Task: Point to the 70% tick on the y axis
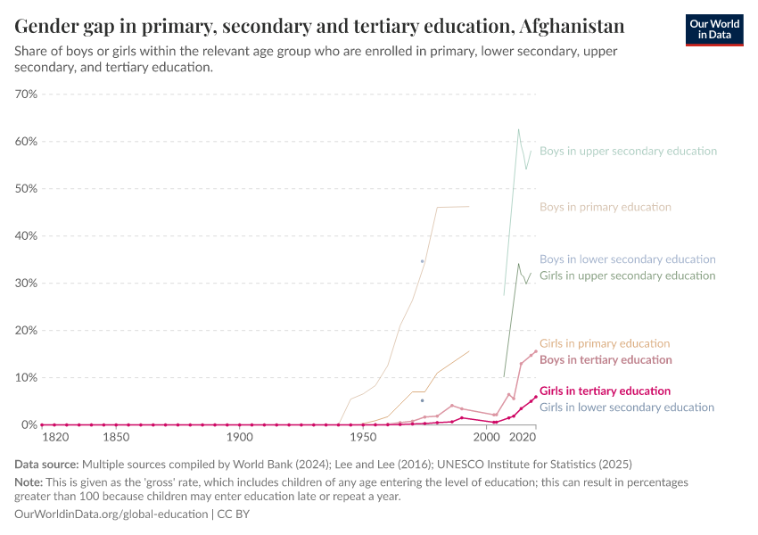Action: (26, 95)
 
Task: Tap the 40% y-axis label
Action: (26, 236)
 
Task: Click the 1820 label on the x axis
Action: (55, 438)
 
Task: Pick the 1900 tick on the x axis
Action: (238, 438)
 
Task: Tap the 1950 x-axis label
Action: (362, 438)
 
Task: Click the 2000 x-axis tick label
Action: (486, 438)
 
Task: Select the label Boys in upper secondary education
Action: (628, 151)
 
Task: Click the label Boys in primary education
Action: (606, 207)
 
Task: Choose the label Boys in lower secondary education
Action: (628, 259)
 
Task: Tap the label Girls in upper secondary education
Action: (627, 276)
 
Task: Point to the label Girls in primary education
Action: (605, 343)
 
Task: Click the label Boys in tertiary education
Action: (606, 359)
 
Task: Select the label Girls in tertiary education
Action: (605, 391)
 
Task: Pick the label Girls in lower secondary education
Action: (627, 407)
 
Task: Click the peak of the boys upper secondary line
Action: (518, 129)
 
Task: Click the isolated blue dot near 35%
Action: (422, 261)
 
